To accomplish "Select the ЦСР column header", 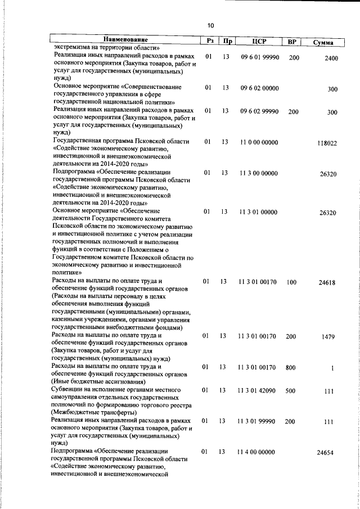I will (258, 41).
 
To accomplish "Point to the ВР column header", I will (292, 42).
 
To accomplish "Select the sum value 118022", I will (327, 143).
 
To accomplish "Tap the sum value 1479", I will (328, 337).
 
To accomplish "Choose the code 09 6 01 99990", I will (259, 57).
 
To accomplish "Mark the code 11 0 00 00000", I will (259, 142).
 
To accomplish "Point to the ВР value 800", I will (290, 368).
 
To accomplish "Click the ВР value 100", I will (291, 282).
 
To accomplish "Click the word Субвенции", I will (68, 389).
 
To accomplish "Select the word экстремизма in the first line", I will (73, 48).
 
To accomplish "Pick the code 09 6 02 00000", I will (259, 88).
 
